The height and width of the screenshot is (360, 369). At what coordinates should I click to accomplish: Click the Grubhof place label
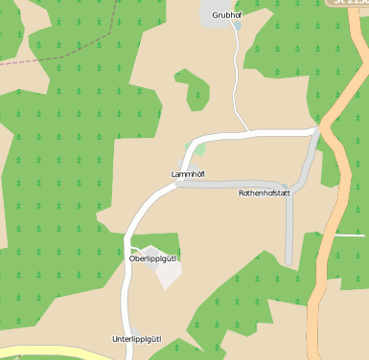pos(226,15)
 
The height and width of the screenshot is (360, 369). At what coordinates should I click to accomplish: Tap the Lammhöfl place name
pos(188,173)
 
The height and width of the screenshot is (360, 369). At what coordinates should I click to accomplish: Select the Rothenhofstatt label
pos(265,192)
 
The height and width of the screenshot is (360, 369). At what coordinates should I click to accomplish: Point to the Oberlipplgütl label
pos(154,259)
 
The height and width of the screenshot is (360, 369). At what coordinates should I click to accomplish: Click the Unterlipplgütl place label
pos(137,339)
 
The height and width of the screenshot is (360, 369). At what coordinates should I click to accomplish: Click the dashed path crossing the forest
pos(38,56)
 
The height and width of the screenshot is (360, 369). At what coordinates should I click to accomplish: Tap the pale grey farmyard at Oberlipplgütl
pos(169,272)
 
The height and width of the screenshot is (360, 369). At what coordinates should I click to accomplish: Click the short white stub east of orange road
pos(351,235)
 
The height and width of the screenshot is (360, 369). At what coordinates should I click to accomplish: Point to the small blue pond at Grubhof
pos(237,26)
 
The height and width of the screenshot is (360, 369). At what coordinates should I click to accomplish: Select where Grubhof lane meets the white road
pos(247,131)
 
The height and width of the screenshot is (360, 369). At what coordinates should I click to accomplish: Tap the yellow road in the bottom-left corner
pos(38,354)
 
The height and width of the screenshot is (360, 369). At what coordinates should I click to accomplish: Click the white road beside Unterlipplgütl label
pos(125,326)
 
